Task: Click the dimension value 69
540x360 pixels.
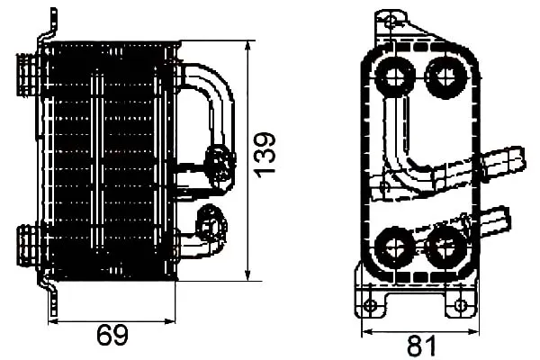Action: pos(112,335)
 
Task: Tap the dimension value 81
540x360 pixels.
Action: pos(422,346)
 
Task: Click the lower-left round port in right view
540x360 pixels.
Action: pos(394,247)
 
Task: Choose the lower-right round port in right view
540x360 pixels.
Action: pos(444,247)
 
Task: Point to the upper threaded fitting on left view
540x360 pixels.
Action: pos(28,75)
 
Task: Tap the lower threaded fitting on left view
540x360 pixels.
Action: pos(28,245)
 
